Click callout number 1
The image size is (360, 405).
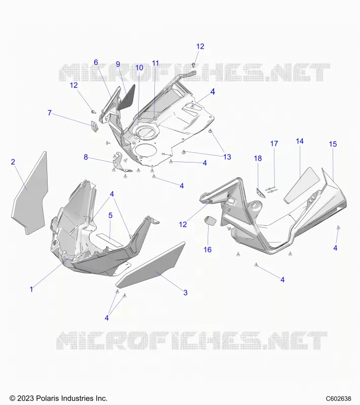click(x=31, y=289)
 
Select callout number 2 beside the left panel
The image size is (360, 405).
click(x=13, y=162)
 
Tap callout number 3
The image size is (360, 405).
click(x=185, y=293)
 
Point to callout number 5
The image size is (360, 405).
click(x=110, y=215)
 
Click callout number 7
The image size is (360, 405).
click(x=50, y=113)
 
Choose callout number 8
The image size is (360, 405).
click(x=86, y=157)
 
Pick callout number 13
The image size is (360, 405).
click(x=227, y=157)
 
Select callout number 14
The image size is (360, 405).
click(x=300, y=141)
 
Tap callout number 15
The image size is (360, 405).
click(x=333, y=144)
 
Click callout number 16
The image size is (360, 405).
click(x=208, y=250)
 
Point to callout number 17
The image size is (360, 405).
click(x=274, y=144)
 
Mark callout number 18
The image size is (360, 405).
click(x=258, y=158)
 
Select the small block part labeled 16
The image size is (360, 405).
click(x=211, y=221)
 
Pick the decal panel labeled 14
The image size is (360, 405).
click(x=302, y=185)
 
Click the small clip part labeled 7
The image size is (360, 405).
click(x=95, y=126)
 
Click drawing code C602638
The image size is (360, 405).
click(x=338, y=398)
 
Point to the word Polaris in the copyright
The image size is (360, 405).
click(x=46, y=398)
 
